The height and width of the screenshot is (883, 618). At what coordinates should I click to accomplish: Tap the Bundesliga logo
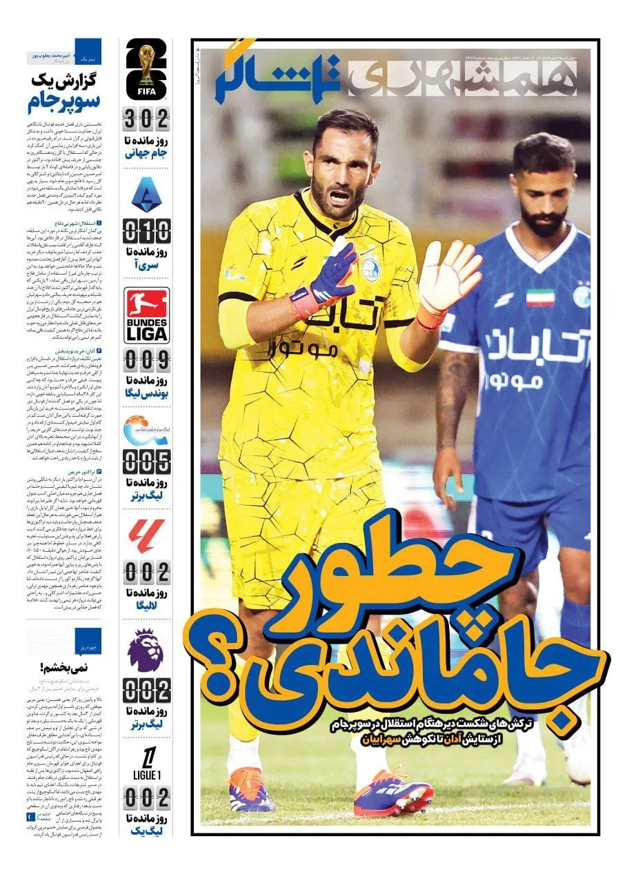point(146,315)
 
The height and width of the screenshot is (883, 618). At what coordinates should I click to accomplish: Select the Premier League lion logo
point(146,650)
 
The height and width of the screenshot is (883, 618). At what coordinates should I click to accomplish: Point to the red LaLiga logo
point(146,536)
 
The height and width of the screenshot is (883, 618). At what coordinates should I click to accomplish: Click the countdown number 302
point(146,120)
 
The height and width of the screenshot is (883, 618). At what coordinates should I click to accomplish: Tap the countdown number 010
point(146,230)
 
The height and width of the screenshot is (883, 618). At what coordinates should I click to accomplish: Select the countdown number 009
point(146,360)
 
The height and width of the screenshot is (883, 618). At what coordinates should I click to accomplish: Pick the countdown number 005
point(146,461)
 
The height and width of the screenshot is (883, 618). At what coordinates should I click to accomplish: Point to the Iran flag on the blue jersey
point(540,297)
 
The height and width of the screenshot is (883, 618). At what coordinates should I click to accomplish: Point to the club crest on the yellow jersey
point(371,269)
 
